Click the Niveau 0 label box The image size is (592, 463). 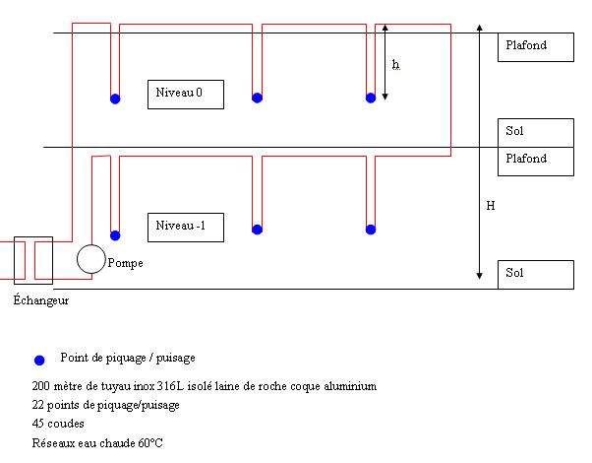click(186, 94)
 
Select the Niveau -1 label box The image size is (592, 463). click(186, 228)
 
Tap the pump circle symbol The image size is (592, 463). click(91, 259)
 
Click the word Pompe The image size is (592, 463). click(124, 264)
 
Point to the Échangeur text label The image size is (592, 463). click(41, 299)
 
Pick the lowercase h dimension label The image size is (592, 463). click(395, 64)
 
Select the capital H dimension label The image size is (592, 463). click(489, 206)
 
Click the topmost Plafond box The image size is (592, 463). click(535, 46)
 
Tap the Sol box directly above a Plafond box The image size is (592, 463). click(535, 132)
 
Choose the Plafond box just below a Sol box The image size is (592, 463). click(535, 161)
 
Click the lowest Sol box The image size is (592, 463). click(535, 274)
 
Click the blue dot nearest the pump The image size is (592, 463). click(115, 235)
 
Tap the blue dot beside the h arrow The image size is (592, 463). click(371, 98)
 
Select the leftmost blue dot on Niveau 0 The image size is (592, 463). click(115, 98)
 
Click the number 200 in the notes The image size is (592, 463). click(41, 386)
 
